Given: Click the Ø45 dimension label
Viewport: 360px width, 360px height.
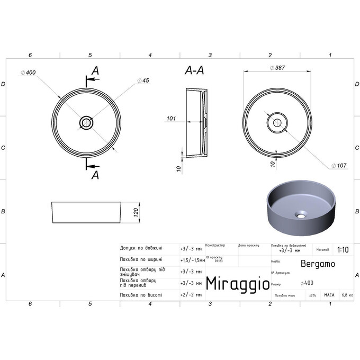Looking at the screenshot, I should coord(143,80).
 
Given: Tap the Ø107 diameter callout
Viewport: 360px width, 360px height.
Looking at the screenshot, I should coord(339,166).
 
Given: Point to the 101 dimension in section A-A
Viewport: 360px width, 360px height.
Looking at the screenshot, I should coord(170,119).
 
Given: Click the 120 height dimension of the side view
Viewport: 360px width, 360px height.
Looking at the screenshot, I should coord(136,212).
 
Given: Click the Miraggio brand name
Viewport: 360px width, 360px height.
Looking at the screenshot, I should coord(236,283).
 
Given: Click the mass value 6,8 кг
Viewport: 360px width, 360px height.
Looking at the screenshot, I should coord(347,294).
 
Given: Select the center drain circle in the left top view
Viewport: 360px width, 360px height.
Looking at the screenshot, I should coord(86,123).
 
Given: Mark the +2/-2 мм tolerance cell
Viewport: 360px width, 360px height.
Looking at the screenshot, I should coord(191,294).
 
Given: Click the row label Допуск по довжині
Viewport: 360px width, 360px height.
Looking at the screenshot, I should coord(141,248).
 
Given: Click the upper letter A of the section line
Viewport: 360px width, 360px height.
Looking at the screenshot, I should coord(95,70).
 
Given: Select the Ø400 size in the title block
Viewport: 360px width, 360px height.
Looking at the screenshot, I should coord(306,283).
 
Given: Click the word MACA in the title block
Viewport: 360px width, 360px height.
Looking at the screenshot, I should coord(329,294).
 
